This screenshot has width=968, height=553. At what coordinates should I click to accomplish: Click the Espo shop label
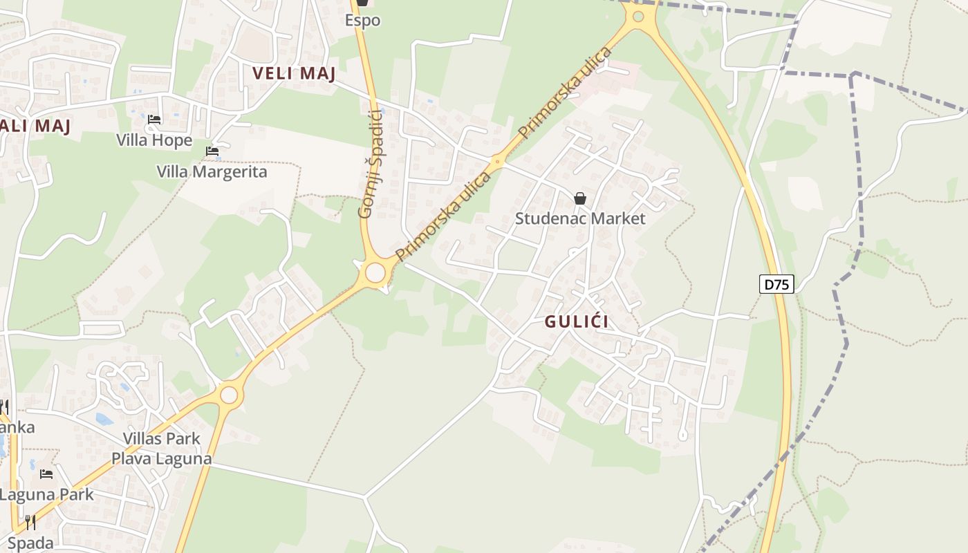362,20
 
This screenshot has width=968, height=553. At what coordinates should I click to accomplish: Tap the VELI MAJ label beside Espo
294,73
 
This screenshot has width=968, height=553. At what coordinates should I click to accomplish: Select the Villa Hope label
154,140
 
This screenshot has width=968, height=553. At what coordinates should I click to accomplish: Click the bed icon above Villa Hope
154,120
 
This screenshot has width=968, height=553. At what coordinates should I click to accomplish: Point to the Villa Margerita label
212,171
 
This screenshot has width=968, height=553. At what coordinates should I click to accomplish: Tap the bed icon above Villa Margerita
212,151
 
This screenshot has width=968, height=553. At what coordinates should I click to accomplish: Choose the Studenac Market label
580,218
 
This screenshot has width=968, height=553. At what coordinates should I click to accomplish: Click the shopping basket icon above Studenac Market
580,198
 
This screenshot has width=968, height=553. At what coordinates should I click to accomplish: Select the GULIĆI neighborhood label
577,321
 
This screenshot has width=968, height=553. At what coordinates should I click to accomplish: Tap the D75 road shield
776,283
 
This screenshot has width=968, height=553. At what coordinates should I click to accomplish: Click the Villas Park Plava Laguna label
162,448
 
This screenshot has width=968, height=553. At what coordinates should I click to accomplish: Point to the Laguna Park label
46,494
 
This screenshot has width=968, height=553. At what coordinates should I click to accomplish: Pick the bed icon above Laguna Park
46,474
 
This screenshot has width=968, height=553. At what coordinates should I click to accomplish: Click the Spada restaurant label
30,543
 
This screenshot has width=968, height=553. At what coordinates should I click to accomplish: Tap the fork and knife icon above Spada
30,522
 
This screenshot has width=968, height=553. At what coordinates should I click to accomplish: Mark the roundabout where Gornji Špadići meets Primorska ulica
375,272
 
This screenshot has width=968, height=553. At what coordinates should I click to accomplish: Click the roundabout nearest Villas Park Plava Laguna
229,395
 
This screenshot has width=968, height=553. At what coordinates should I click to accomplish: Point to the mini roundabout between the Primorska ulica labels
496,162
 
